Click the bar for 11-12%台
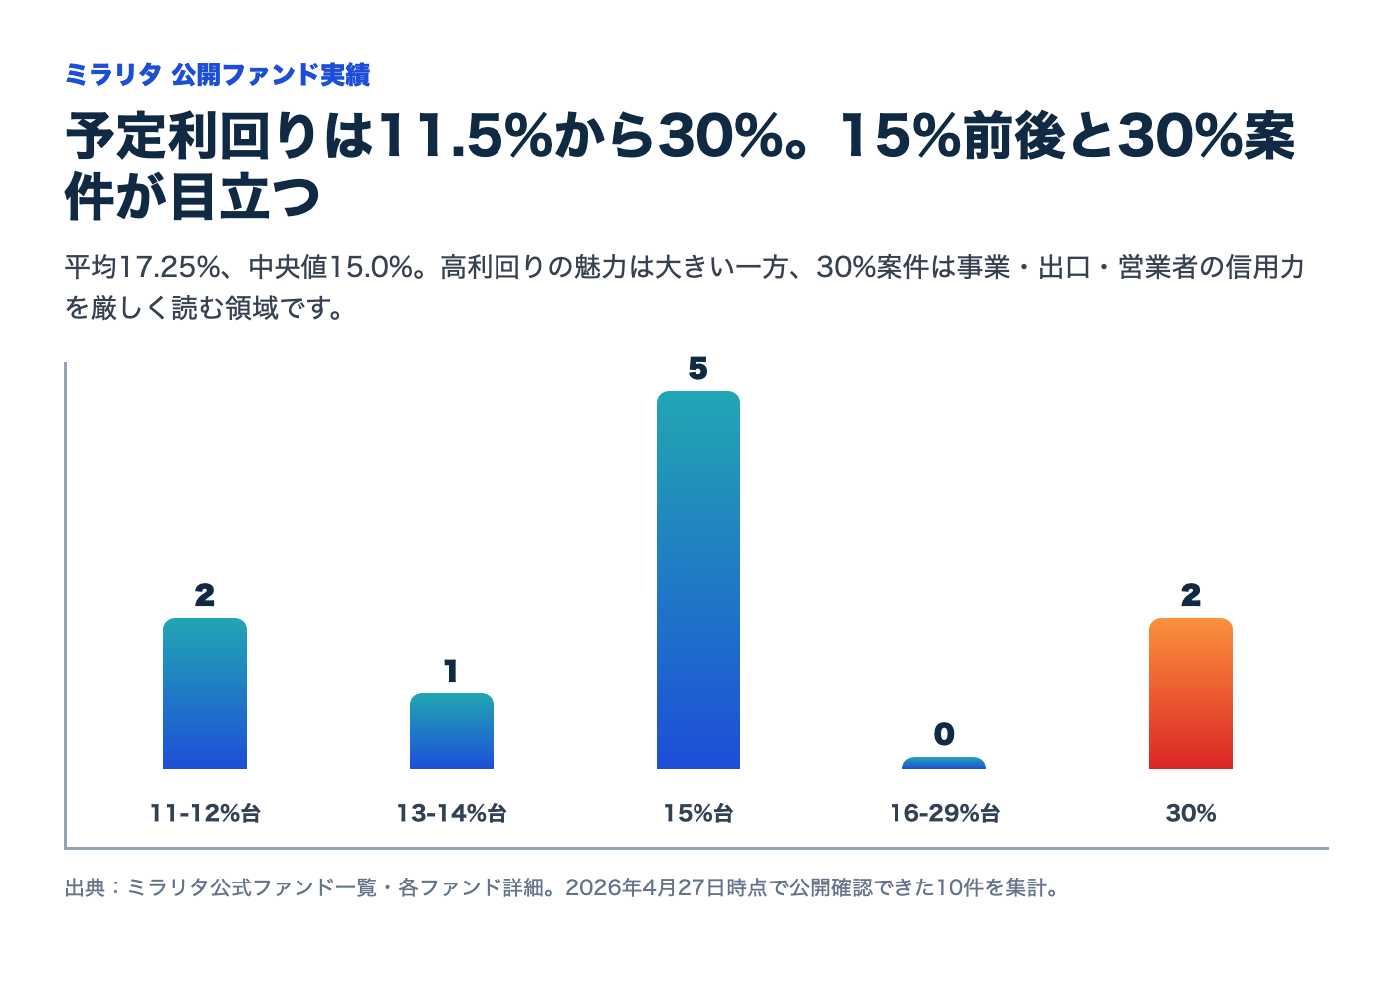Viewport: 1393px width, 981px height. coord(205,693)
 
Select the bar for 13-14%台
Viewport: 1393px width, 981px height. coord(452,731)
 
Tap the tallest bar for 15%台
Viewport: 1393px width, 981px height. coord(698,580)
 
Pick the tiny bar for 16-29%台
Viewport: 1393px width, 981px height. coord(944,763)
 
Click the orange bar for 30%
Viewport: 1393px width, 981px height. coord(1191,693)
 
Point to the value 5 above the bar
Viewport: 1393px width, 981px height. coord(698,369)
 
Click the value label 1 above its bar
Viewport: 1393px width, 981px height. coord(452,672)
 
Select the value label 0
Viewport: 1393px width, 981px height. coord(944,735)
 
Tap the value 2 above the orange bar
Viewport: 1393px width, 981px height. coord(1191,596)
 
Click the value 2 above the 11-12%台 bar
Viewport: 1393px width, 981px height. coord(205,596)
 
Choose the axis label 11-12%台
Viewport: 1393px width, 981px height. coord(205,814)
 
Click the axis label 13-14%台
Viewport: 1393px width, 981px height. coord(452,814)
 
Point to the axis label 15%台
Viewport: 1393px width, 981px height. coord(698,814)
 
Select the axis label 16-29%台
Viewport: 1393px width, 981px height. coord(944,814)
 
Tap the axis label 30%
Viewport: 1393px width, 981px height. coord(1191,814)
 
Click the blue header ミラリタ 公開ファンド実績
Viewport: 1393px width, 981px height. coord(217,75)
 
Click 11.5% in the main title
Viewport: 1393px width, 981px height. coord(464,136)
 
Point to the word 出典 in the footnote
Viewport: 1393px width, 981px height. coord(85,887)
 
